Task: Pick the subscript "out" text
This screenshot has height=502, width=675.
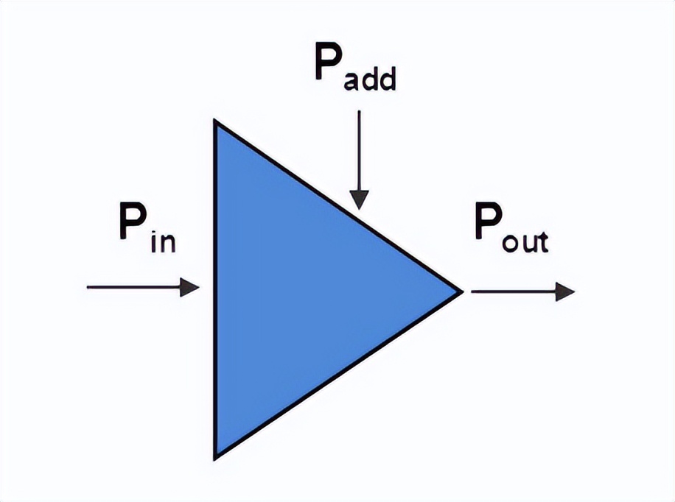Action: click(x=525, y=240)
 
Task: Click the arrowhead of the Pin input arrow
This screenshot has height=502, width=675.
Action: click(x=190, y=287)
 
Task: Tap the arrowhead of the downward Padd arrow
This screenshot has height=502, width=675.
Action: click(x=359, y=199)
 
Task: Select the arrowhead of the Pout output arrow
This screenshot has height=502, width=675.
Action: click(x=565, y=291)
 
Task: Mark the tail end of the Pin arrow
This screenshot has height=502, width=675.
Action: click(x=88, y=287)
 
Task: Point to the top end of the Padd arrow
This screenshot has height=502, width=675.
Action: click(x=359, y=112)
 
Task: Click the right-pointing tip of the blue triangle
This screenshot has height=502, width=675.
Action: click(x=461, y=291)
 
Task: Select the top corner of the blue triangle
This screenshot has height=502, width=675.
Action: click(x=215, y=122)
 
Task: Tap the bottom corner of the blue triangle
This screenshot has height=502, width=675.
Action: click(x=215, y=458)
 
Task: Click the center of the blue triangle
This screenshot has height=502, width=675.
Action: click(x=295, y=291)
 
